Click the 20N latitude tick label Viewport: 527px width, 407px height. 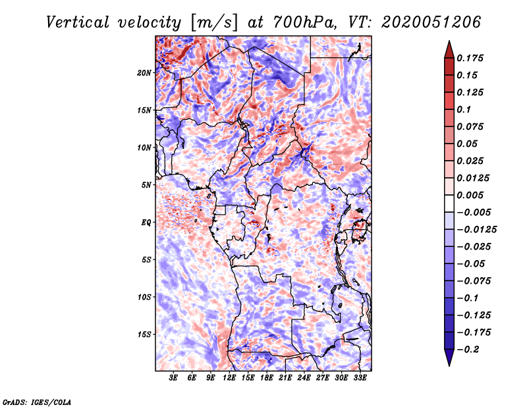pos(144,72)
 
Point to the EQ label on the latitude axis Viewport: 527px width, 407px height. pos(146,223)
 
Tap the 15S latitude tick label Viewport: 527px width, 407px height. pos(144,335)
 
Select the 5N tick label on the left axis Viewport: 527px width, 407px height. pos(146,185)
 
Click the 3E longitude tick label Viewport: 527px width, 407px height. pos(173,377)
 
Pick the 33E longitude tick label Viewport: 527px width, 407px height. pos(360,377)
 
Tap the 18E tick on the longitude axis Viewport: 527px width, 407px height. pos(267,377)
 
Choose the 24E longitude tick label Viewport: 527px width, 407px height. pos(304,377)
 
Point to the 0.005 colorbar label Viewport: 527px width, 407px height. pos(472,195)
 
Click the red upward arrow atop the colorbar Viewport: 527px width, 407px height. pos(449,47)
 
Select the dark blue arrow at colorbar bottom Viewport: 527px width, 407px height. pos(449,358)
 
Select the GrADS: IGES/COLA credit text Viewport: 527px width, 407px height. pos(36,401)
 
